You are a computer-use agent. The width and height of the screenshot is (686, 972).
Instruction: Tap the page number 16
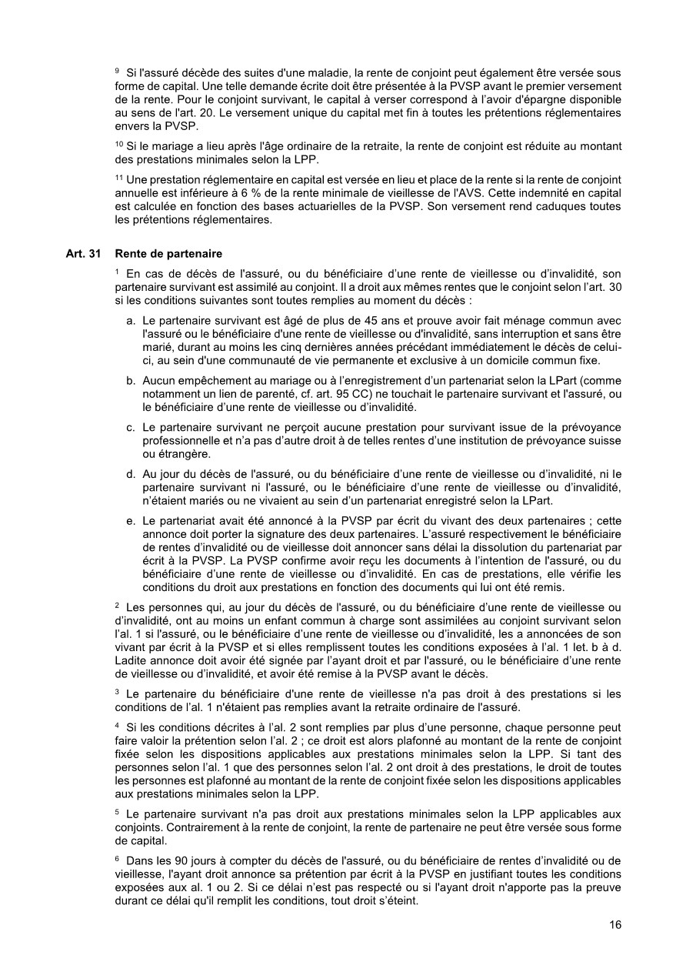coord(615,925)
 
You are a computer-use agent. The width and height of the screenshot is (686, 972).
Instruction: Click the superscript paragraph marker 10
coord(118,144)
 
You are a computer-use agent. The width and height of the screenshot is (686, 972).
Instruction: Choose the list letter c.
coord(132,427)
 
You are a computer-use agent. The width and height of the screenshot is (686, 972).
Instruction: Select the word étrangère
coord(166,455)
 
